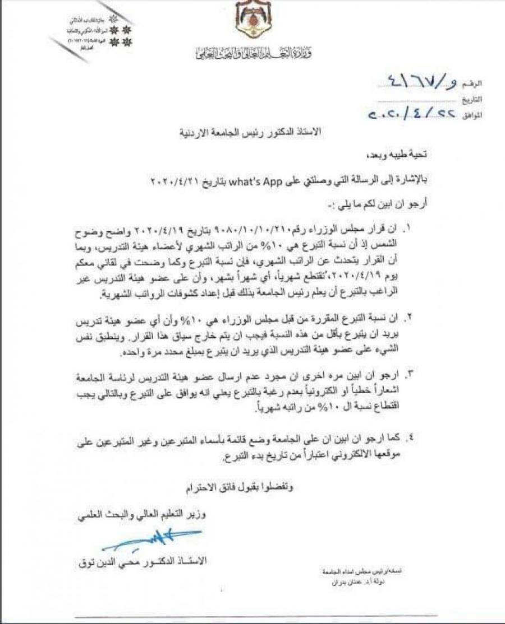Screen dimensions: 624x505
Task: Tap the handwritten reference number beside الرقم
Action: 411,82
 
